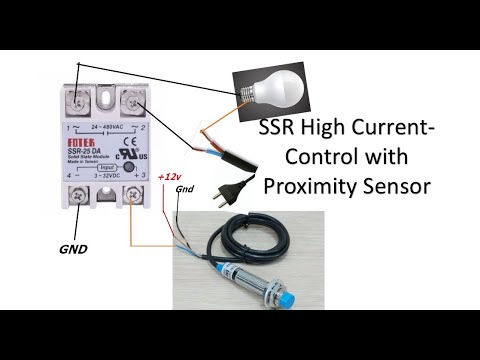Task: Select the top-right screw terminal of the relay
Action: [x=131, y=101]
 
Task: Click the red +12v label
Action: [x=169, y=176]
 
